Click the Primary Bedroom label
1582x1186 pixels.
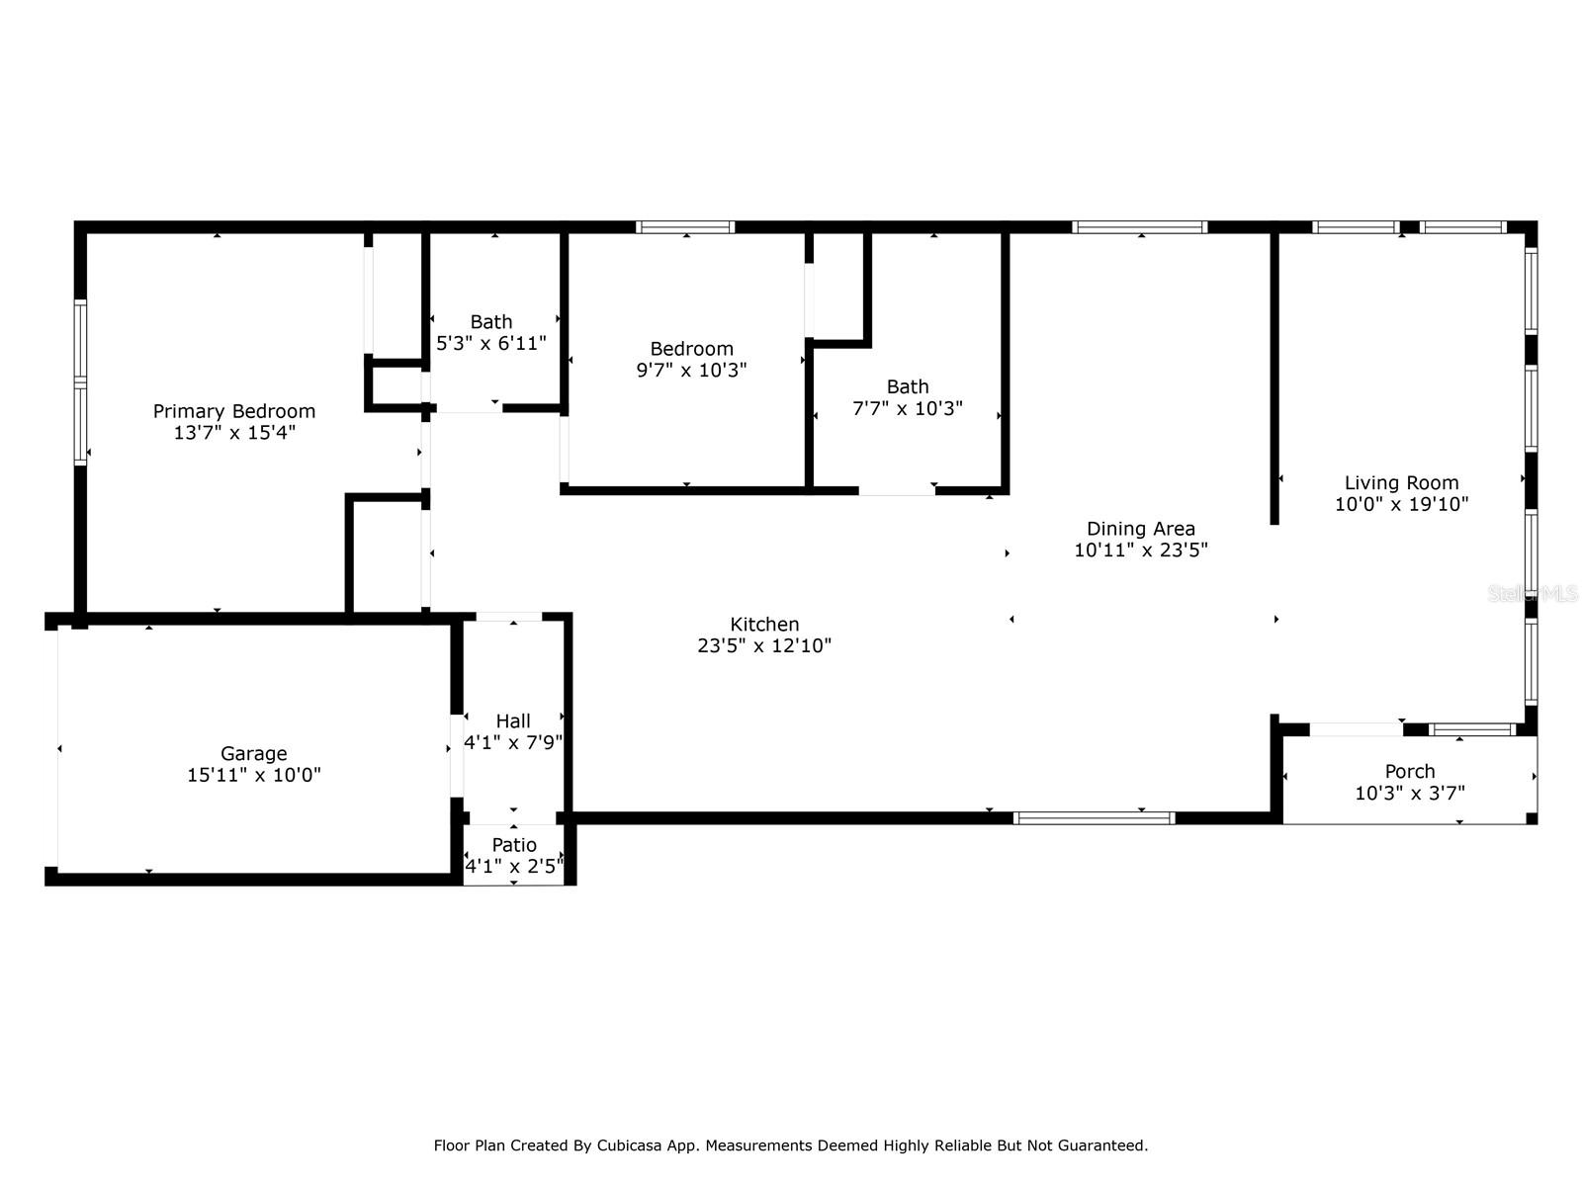(x=234, y=411)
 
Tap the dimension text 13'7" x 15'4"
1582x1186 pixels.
(x=234, y=433)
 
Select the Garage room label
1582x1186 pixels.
(x=254, y=754)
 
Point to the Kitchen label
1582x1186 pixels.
(x=764, y=625)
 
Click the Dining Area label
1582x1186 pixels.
(x=1141, y=530)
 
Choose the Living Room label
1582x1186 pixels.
(x=1402, y=483)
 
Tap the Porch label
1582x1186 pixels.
(x=1411, y=772)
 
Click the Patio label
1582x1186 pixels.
(x=514, y=845)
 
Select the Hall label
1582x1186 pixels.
(x=513, y=721)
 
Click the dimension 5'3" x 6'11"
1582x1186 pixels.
(x=491, y=344)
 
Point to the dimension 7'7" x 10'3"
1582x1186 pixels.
(x=908, y=409)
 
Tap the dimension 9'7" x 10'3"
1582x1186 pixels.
(x=692, y=370)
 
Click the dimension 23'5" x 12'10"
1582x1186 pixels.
(x=764, y=646)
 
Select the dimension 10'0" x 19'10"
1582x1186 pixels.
(x=1402, y=505)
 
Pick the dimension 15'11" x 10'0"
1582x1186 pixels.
(x=254, y=776)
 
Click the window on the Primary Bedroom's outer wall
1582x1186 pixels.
(x=81, y=382)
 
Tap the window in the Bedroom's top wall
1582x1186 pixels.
(x=685, y=227)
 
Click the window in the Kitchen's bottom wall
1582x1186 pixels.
(x=1095, y=818)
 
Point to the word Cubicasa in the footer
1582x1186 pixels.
(x=629, y=1145)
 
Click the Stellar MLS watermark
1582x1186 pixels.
(x=1533, y=594)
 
